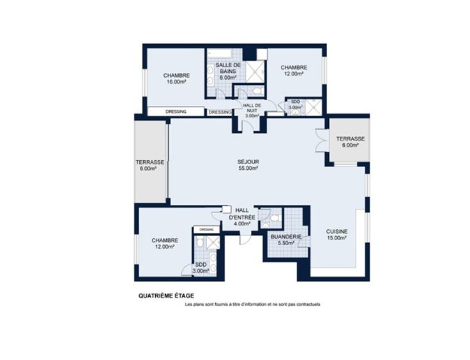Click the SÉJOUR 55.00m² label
click(x=248, y=165)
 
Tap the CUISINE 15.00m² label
click(x=337, y=234)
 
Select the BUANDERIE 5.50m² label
click(x=286, y=239)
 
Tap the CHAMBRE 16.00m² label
click(x=176, y=78)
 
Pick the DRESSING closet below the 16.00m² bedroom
click(x=176, y=112)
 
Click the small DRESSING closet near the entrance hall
click(x=206, y=230)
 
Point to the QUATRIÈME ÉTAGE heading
click(x=167, y=296)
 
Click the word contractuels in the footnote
click(x=308, y=304)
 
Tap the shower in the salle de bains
click(x=255, y=71)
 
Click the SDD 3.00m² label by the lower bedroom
click(x=201, y=267)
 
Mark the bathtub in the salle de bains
click(x=220, y=54)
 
